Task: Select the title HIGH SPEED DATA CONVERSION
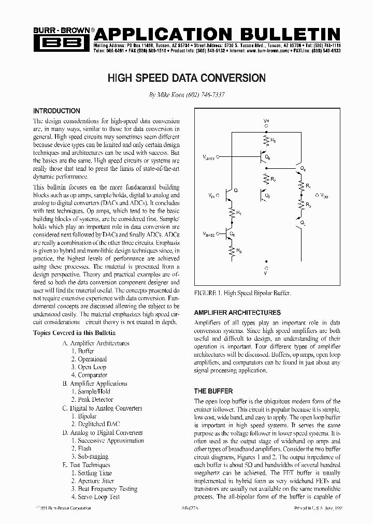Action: coord(187,78)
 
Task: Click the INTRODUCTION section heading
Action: coord(56,111)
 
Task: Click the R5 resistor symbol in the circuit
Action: coord(266,140)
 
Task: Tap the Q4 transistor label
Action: coord(304,169)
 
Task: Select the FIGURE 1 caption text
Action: coord(242,293)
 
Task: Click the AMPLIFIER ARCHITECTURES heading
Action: coord(237,313)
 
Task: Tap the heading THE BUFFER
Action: coord(213,391)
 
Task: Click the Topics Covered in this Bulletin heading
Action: coord(74,333)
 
